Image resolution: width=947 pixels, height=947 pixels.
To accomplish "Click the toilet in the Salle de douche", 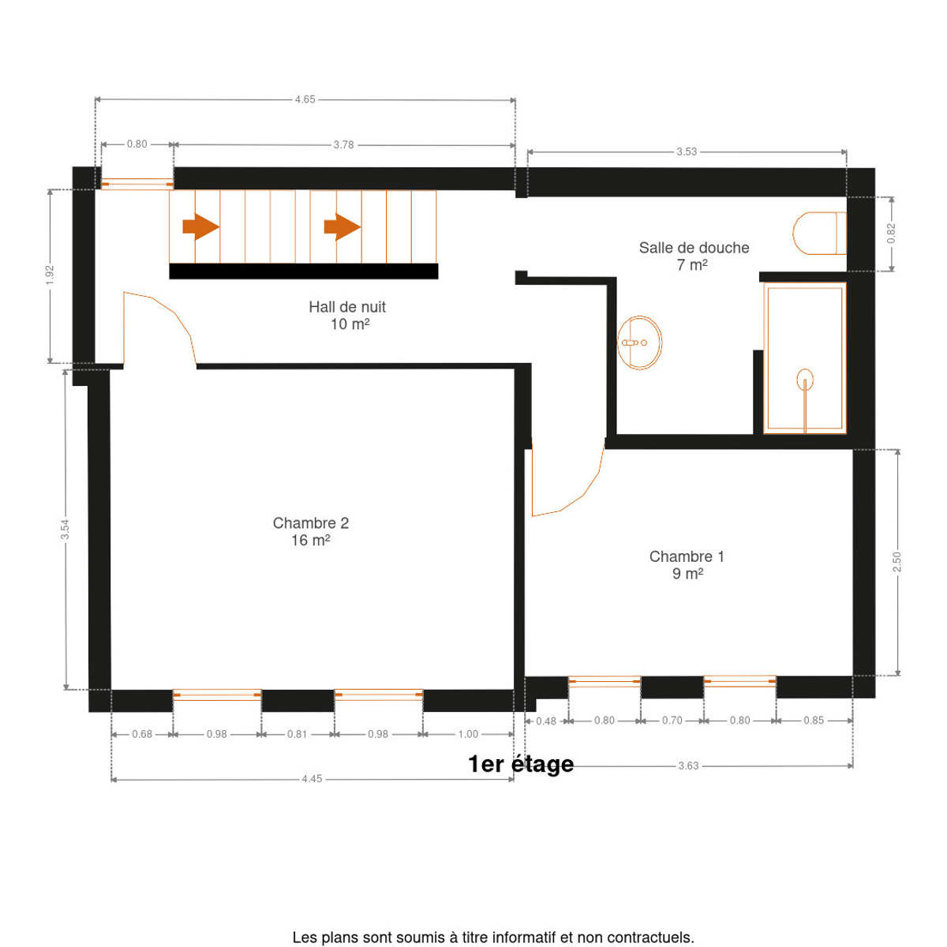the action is click(818, 233).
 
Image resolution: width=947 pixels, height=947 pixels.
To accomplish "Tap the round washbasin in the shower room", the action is click(639, 342).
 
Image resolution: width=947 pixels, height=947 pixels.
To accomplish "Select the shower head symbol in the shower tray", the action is click(804, 380).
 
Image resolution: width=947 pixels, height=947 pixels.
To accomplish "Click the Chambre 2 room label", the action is click(311, 531).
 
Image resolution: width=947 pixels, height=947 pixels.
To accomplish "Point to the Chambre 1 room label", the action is click(687, 565).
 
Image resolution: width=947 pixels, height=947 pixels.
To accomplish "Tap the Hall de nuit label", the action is click(347, 315).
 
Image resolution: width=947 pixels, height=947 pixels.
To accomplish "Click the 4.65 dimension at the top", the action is click(305, 99).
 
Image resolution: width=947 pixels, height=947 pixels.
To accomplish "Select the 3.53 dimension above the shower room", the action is click(686, 152).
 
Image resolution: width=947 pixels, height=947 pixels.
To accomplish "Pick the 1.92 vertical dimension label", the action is click(50, 275).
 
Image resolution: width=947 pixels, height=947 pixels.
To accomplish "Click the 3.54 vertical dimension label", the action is click(65, 530).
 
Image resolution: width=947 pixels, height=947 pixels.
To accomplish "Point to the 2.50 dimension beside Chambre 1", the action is click(896, 562).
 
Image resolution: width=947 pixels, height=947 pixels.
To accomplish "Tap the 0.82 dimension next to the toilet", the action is click(891, 234).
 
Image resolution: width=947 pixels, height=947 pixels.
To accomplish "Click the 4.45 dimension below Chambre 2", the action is click(312, 778).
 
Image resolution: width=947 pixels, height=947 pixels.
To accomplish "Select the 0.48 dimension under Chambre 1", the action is click(546, 721).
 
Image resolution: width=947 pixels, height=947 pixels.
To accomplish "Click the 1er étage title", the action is click(520, 764).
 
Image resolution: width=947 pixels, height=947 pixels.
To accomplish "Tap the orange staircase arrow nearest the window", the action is click(200, 226).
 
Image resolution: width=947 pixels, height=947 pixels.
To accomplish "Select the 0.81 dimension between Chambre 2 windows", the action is click(297, 734).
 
